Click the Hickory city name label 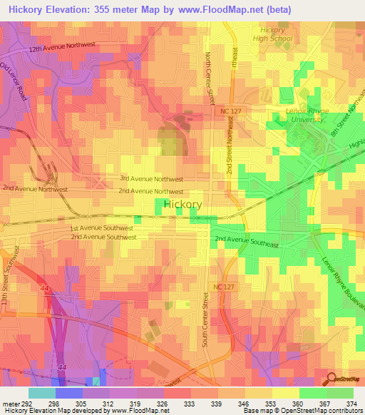click(x=182, y=205)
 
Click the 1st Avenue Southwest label click(x=101, y=228)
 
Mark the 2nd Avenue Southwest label click(x=103, y=237)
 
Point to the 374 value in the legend click(x=351, y=403)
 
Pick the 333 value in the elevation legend click(x=189, y=403)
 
